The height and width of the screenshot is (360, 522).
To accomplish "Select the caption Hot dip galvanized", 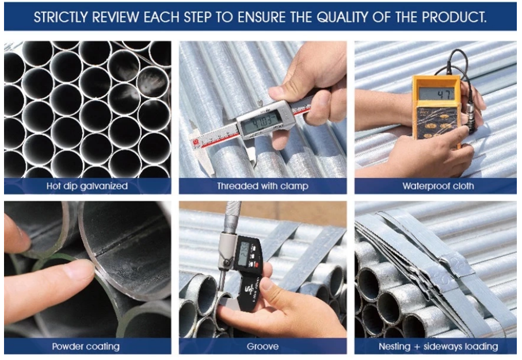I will (87, 186).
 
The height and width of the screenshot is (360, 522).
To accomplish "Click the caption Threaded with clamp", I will (262, 186).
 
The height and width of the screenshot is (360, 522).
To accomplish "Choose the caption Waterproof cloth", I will (437, 186).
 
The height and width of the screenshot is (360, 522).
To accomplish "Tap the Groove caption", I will (262, 346).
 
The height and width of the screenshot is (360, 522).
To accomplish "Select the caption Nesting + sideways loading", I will (438, 346).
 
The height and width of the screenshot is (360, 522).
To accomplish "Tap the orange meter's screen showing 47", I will (436, 94).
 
